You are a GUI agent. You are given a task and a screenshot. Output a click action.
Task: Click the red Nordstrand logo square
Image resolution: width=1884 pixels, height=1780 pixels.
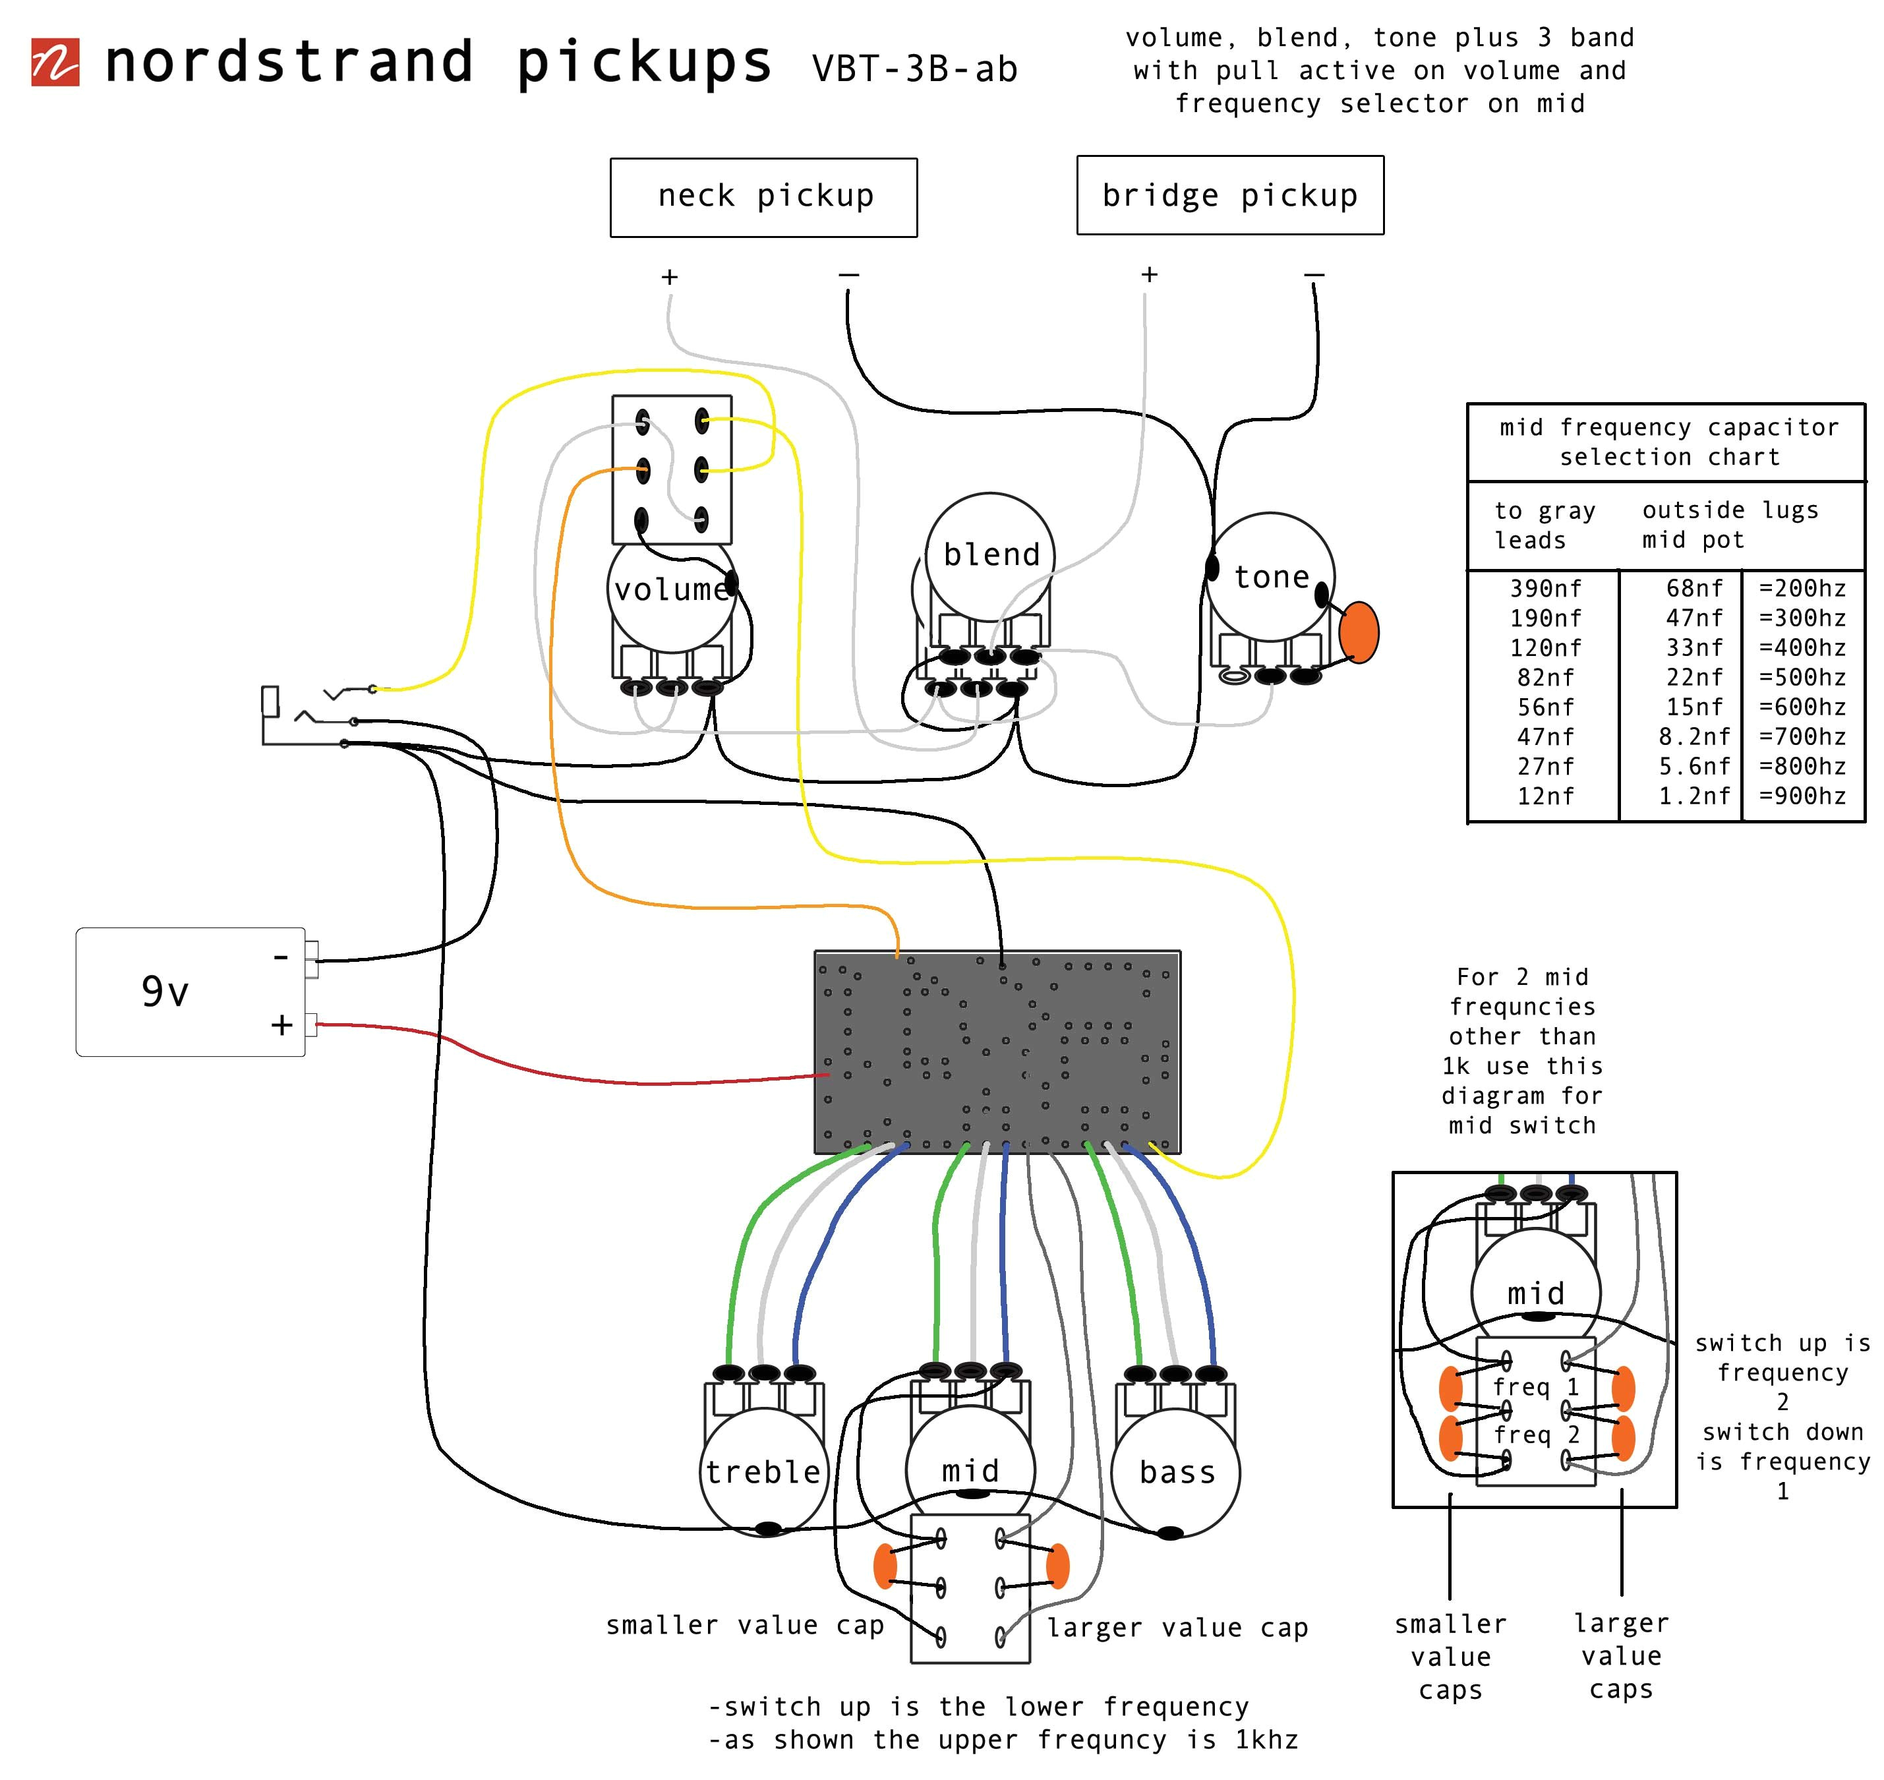55,63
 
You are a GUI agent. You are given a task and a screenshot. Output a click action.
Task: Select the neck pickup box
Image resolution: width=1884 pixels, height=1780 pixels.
763,197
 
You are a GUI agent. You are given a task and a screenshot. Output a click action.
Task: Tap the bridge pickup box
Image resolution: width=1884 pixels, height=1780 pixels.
1229,195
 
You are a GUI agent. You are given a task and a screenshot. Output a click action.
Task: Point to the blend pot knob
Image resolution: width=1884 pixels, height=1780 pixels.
990,555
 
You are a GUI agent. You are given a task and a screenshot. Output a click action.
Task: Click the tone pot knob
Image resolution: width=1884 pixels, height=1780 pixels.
1270,577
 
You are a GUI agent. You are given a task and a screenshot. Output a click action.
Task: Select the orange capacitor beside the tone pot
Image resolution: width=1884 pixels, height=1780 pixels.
1359,632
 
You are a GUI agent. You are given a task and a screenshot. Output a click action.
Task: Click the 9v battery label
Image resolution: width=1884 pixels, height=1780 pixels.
165,992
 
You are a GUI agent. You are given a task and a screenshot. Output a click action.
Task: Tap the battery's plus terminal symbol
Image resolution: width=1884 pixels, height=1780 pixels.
281,1024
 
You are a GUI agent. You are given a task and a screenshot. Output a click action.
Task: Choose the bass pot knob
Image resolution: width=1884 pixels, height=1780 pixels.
1175,1473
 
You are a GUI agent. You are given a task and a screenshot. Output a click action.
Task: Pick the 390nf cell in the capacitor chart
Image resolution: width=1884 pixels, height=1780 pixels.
1545,588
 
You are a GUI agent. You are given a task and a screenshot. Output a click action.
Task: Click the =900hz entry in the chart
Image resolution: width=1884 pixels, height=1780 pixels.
1802,796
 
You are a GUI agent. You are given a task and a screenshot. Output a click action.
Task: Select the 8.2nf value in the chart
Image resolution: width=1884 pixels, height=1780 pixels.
1693,736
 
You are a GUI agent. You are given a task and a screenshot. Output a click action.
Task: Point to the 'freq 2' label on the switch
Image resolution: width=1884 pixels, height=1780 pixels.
1536,1435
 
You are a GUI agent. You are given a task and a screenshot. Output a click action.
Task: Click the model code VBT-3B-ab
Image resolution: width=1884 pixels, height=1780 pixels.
914,69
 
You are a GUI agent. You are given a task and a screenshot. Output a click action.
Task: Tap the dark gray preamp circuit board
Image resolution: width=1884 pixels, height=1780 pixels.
997,1052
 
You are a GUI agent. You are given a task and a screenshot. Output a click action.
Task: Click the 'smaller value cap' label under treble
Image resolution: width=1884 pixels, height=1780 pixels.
745,1625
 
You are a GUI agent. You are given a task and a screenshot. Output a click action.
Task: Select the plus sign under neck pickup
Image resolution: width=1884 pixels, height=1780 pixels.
670,277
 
